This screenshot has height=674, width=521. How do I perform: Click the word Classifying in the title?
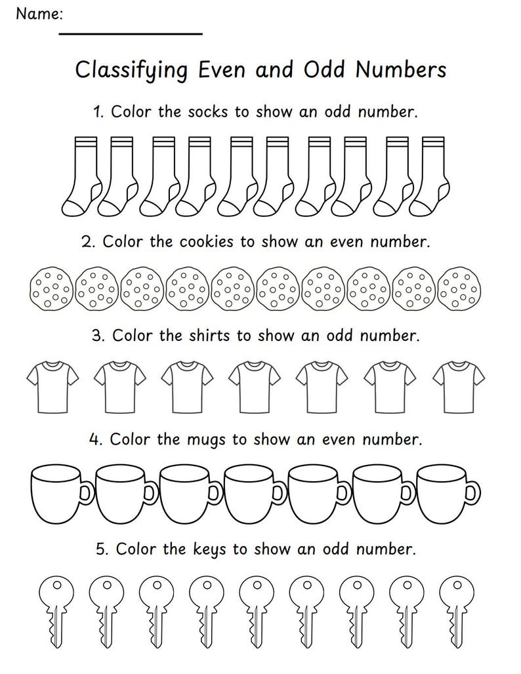pos(127,70)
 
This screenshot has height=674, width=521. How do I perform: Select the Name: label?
pos(40,13)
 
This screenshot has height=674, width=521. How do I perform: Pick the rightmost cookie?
pos(461,288)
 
